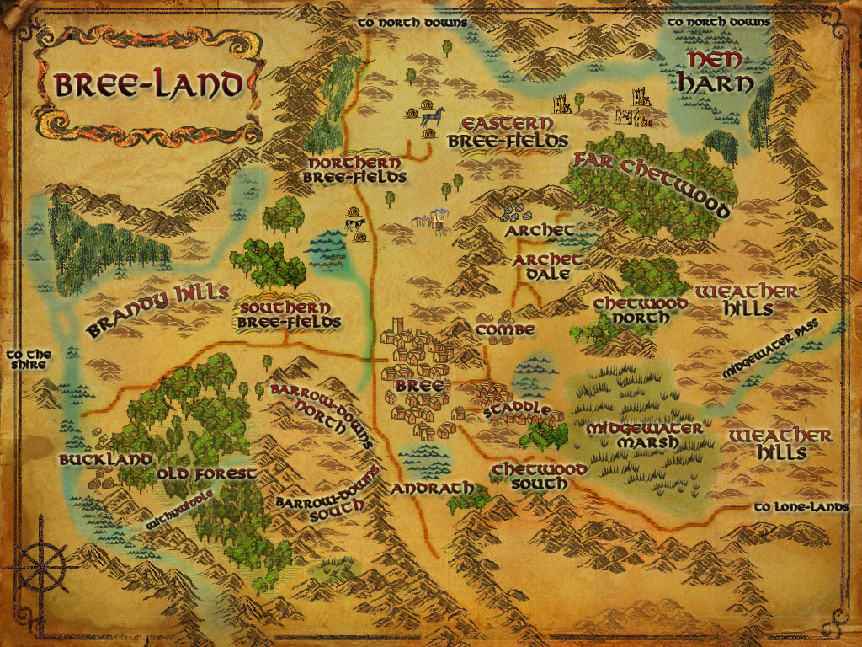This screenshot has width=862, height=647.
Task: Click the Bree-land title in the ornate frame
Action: [x=148, y=84]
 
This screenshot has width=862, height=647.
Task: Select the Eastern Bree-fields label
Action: [x=508, y=131]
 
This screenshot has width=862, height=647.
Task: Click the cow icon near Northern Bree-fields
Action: [x=354, y=224]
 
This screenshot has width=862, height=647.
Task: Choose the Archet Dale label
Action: [x=547, y=266]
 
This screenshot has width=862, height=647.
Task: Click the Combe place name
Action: [x=504, y=330]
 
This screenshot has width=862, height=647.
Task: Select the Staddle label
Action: [x=517, y=411]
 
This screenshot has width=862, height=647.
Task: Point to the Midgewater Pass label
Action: [x=769, y=355]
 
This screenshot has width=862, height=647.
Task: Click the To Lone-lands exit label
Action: [x=806, y=507]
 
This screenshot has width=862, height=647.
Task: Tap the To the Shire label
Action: [x=28, y=360]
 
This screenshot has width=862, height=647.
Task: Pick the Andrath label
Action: [x=428, y=489]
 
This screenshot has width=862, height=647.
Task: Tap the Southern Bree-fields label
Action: [x=290, y=315]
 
